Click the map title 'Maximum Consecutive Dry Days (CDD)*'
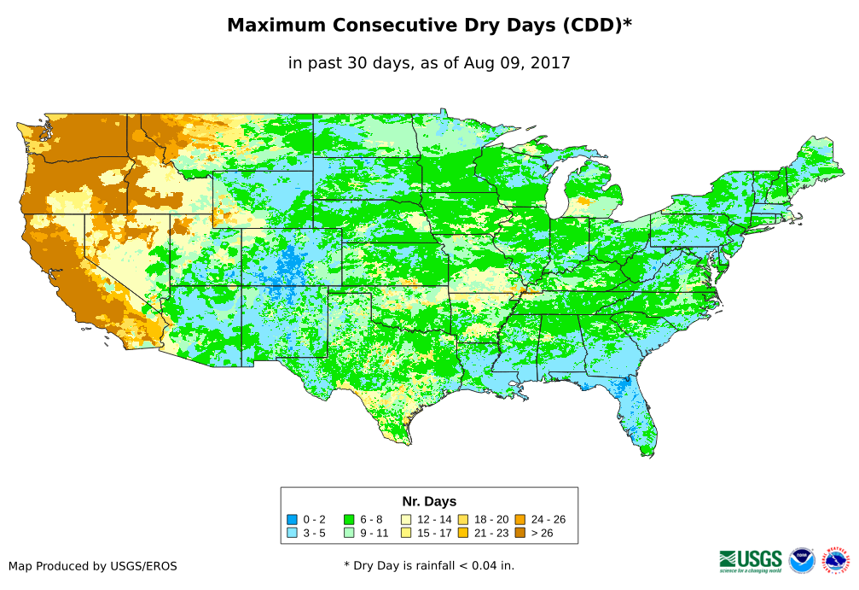(x=429, y=26)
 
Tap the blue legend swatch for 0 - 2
(x=293, y=519)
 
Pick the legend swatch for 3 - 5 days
(x=293, y=533)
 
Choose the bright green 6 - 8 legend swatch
(x=348, y=519)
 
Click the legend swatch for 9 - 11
(x=348, y=533)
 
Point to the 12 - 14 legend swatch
(x=406, y=519)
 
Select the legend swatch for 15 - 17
(x=406, y=533)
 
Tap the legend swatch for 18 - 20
(x=463, y=519)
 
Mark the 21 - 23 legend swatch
(x=463, y=533)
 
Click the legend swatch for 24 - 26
(x=519, y=519)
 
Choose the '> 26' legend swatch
(x=519, y=533)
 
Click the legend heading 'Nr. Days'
(x=429, y=501)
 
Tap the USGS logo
(x=751, y=560)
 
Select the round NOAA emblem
(x=802, y=560)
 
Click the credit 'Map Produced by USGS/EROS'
(x=93, y=566)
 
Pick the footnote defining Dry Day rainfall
(x=429, y=565)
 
